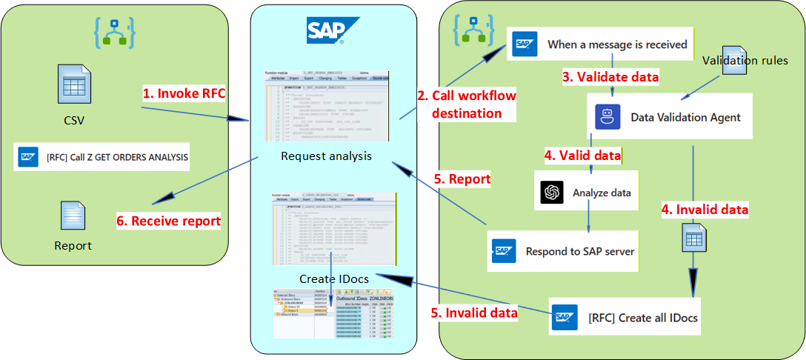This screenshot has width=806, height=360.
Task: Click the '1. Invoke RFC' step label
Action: [x=183, y=94]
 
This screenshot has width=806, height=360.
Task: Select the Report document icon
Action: [x=73, y=216]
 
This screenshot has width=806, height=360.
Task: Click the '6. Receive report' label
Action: [x=170, y=220]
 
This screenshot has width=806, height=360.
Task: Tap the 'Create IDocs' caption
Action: [x=335, y=279]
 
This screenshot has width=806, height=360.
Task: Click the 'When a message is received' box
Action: [x=602, y=44]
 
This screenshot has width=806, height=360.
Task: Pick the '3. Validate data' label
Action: [x=610, y=76]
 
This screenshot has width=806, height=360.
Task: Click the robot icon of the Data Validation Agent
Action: [x=607, y=117]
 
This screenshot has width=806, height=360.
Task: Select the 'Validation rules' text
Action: [x=745, y=60]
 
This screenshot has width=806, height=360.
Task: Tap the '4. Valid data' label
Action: [x=582, y=156]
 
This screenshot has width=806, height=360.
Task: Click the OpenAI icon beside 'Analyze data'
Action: [x=552, y=193]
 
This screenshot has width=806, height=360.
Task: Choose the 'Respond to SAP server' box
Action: [x=566, y=250]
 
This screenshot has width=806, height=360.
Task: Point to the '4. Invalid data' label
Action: [x=705, y=210]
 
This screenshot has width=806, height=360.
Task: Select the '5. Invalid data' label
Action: [x=474, y=313]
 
